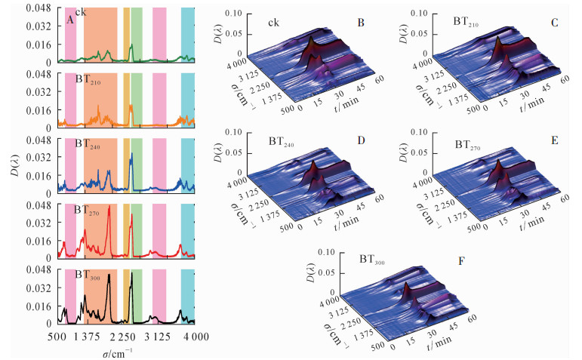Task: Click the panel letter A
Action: [x=70, y=20]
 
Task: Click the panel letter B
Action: [x=361, y=23]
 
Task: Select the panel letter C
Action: [x=554, y=23]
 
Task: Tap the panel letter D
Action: [x=361, y=140]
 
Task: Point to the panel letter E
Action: [x=554, y=140]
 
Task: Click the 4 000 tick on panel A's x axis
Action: [x=185, y=337]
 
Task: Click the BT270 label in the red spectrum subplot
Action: [x=88, y=210]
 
